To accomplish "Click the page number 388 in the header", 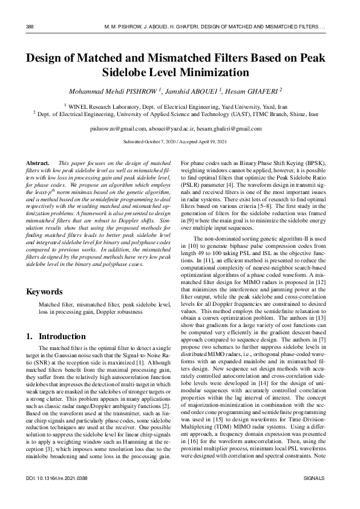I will (30, 27).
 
